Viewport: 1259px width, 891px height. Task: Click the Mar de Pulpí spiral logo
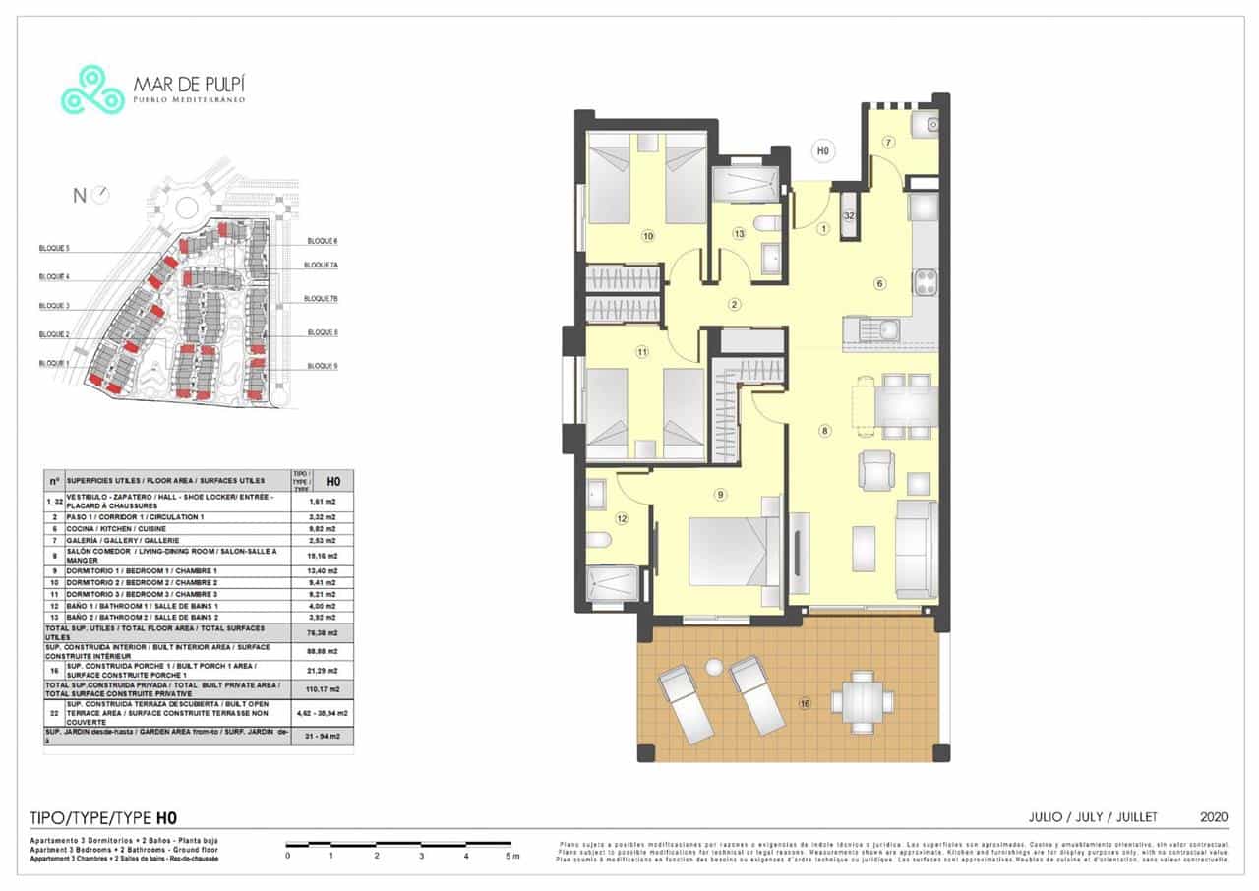coord(92,89)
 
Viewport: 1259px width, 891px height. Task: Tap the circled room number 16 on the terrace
coord(804,703)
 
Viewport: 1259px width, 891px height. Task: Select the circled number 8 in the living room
coord(824,430)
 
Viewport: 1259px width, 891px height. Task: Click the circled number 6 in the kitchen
coord(879,284)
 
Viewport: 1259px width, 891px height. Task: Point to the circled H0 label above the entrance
coord(822,151)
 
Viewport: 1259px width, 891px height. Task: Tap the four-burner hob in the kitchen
coord(926,283)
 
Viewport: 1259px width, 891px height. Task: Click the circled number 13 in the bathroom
coord(739,233)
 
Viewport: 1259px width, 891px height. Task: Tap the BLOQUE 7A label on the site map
coord(321,265)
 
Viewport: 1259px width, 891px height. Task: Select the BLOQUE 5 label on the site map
coord(53,248)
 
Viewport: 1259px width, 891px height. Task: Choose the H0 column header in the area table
coord(333,481)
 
